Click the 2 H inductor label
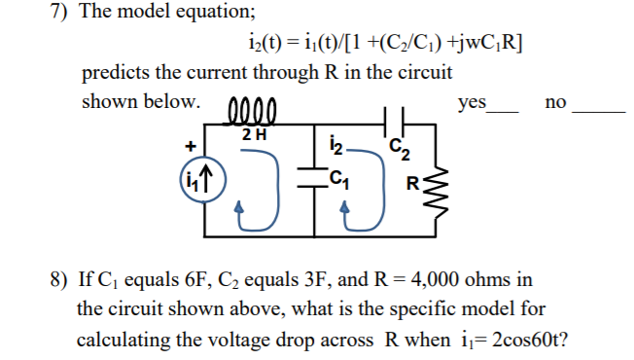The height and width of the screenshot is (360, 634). click(x=254, y=133)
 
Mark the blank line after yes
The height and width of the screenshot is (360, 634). click(x=508, y=110)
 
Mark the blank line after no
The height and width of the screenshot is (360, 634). click(x=597, y=110)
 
